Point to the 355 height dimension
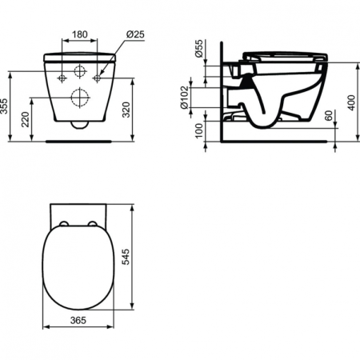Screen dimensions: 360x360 click(6, 106)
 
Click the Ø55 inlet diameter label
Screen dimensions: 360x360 click(198, 53)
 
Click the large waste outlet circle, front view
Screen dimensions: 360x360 click(79, 98)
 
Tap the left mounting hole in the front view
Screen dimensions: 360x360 click(60, 78)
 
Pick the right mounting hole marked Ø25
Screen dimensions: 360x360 click(98, 78)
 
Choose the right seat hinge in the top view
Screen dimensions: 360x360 click(94, 223)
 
